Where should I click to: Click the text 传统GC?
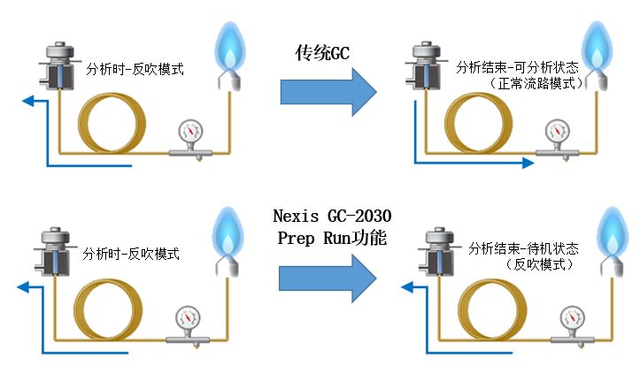(322, 52)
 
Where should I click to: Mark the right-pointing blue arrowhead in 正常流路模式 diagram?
(528, 162)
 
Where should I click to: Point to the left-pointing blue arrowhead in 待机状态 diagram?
(408, 286)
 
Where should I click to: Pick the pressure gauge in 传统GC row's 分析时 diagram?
(189, 133)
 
